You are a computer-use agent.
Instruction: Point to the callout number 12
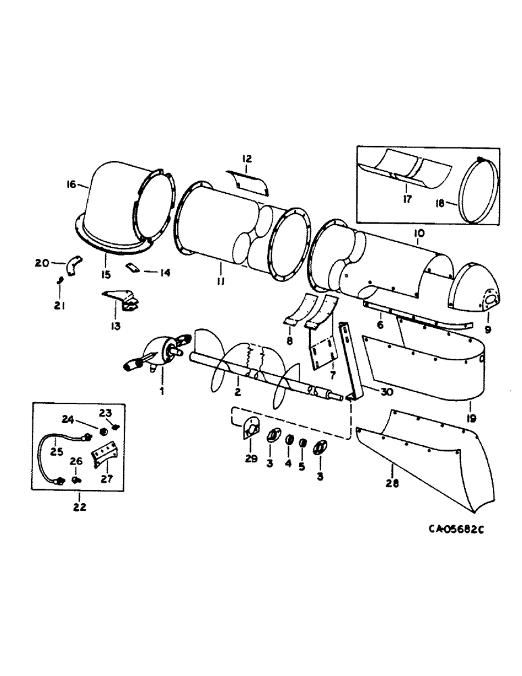pyautogui.click(x=247, y=159)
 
